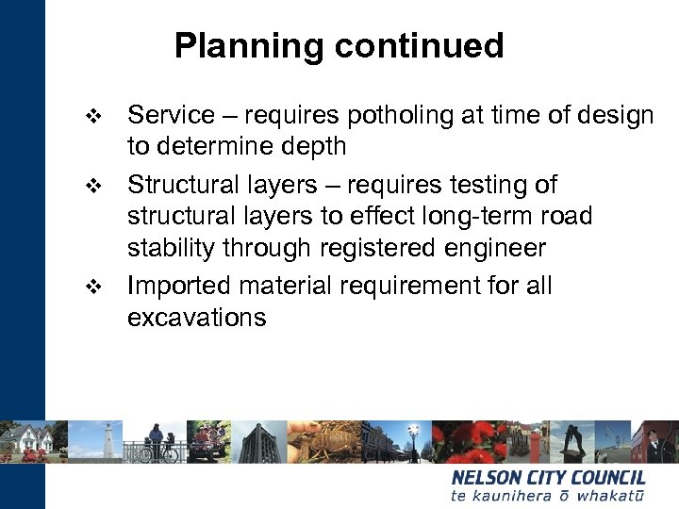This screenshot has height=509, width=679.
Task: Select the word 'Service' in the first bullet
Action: pyautogui.click(x=171, y=115)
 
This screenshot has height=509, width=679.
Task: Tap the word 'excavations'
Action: pyautogui.click(x=196, y=318)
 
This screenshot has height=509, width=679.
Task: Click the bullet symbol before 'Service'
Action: pyautogui.click(x=91, y=117)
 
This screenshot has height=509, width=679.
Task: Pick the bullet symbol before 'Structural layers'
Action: pyautogui.click(x=91, y=186)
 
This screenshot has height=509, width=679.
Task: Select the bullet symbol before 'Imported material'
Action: pyautogui.click(x=91, y=287)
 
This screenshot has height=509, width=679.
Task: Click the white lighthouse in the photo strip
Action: pyautogui.click(x=109, y=441)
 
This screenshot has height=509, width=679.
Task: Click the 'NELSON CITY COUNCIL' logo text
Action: pyautogui.click(x=548, y=478)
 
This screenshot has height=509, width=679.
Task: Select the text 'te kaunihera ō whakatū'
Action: pyautogui.click(x=548, y=496)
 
